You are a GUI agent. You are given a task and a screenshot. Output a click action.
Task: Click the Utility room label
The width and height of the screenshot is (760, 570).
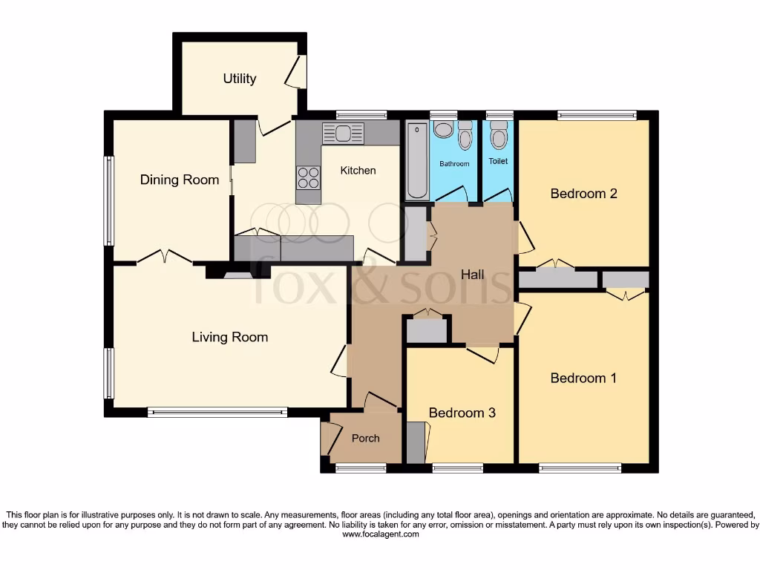pyautogui.click(x=240, y=79)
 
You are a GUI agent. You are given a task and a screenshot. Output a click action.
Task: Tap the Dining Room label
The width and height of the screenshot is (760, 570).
pyautogui.click(x=180, y=180)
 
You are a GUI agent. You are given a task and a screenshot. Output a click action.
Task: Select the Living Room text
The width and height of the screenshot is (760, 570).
pyautogui.click(x=230, y=337)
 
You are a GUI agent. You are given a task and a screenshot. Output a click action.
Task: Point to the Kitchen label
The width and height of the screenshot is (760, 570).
pyautogui.click(x=358, y=171)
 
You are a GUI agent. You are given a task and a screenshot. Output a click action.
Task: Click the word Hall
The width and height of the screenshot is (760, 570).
pyautogui.click(x=472, y=275)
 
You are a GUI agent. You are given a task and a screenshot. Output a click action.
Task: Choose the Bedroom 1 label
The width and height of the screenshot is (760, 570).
pyautogui.click(x=583, y=378)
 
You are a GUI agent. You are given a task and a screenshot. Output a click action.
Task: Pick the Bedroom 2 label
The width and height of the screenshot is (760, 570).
pyautogui.click(x=583, y=194)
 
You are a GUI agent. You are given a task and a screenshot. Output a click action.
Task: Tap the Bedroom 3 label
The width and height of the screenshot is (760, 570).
pyautogui.click(x=462, y=413)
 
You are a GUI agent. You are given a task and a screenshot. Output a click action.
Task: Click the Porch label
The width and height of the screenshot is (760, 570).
pyautogui.click(x=365, y=439)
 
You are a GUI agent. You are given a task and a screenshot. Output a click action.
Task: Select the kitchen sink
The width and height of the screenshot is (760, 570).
pyautogui.click(x=343, y=134)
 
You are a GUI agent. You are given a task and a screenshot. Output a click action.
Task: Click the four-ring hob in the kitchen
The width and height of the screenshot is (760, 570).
pyautogui.click(x=308, y=178)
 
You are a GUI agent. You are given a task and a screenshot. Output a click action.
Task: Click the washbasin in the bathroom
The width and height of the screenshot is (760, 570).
pyautogui.click(x=444, y=130)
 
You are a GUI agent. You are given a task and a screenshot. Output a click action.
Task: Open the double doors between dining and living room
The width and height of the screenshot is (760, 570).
pyautogui.click(x=165, y=258)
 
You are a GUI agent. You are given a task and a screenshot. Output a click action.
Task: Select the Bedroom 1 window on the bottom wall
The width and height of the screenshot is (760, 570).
pyautogui.click(x=580, y=468)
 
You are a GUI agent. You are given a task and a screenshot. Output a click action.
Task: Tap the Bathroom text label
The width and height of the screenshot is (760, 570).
pyautogui.click(x=454, y=163)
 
